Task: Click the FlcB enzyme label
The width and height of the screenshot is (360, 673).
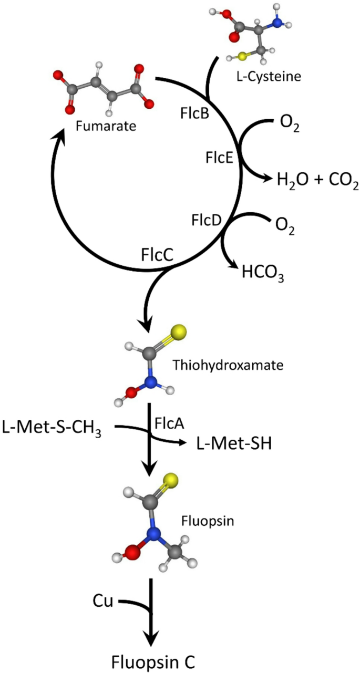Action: [x=194, y=113]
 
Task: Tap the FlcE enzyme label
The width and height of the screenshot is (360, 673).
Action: [x=219, y=158]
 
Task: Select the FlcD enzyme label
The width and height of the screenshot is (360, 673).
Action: [x=207, y=221]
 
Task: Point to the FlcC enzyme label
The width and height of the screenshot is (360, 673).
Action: [x=157, y=255]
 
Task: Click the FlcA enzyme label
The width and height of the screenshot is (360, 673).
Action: [x=169, y=423]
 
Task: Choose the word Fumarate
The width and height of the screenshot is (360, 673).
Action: [x=106, y=126]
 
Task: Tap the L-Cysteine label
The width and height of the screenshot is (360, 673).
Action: [x=269, y=77]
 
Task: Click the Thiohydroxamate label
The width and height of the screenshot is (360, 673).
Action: [x=228, y=365]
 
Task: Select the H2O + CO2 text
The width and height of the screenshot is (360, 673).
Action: [x=318, y=180]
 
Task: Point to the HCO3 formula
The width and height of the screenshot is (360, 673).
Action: [x=263, y=273]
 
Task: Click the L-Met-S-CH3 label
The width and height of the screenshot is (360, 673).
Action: [x=52, y=428]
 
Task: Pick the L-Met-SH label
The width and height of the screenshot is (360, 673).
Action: [x=234, y=443]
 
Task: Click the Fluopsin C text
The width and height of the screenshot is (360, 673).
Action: [x=153, y=661]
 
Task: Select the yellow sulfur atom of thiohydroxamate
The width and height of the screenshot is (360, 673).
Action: [x=179, y=332]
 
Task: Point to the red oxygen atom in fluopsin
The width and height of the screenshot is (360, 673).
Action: [x=131, y=552]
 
